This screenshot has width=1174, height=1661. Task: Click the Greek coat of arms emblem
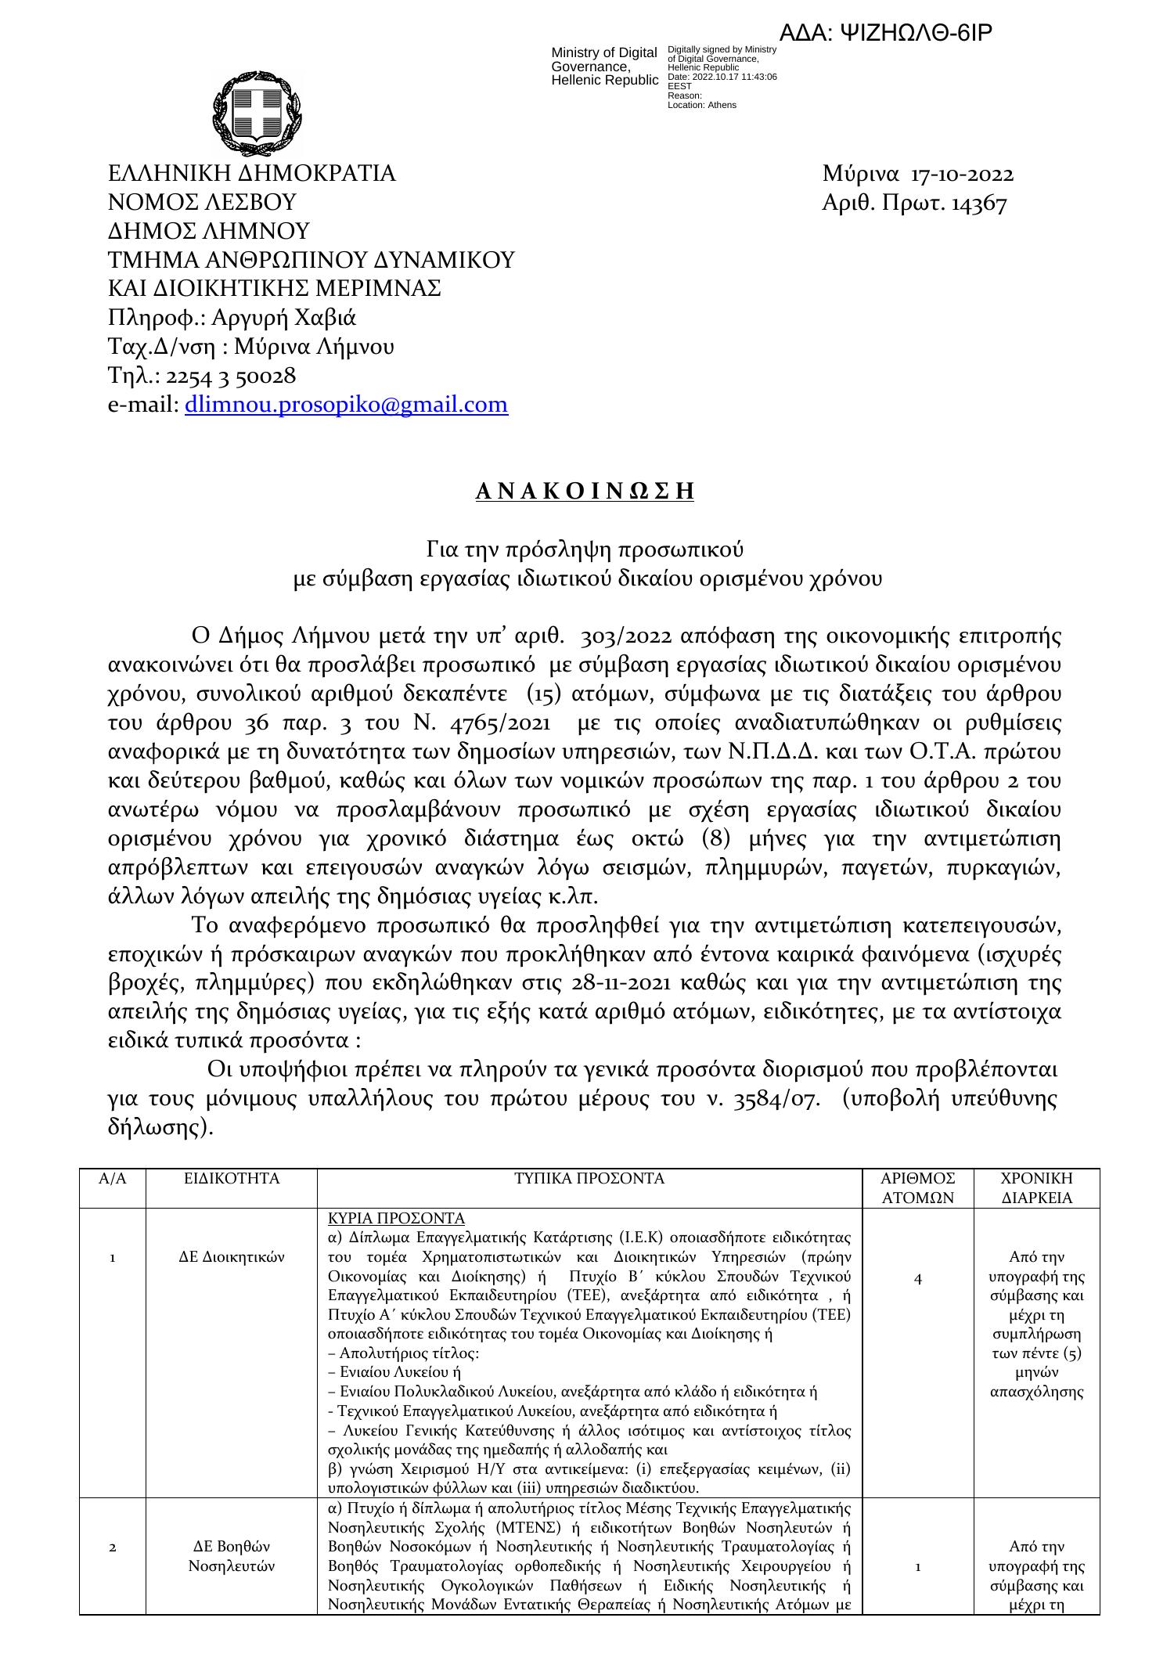(256, 113)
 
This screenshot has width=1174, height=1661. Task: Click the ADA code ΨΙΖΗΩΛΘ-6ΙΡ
(886, 33)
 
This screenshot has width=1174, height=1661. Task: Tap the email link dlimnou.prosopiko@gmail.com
(346, 405)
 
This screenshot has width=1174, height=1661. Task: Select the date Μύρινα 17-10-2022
(918, 174)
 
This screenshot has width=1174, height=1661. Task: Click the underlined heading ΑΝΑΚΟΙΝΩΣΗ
(585, 492)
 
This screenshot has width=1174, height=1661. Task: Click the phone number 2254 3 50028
(231, 377)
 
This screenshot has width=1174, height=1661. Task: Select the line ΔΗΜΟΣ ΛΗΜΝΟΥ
(208, 232)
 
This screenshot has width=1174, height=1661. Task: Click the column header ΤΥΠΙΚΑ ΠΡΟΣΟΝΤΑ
(589, 1179)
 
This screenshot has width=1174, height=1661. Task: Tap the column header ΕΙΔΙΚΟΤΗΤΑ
(231, 1179)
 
